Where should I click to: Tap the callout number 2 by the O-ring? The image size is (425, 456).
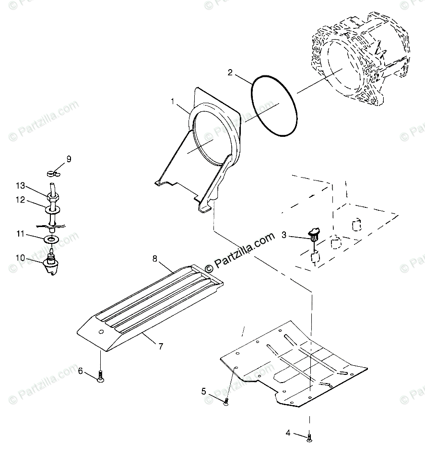[x=230, y=73]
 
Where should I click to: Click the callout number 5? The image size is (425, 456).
[x=203, y=391]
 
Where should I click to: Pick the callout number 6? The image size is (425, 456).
[x=81, y=370]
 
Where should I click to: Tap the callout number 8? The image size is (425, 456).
[x=155, y=259]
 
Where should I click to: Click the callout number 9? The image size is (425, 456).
[x=69, y=159]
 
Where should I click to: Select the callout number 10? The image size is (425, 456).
[x=20, y=258]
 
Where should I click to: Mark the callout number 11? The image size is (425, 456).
[x=20, y=234]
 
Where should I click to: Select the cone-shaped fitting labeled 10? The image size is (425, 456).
[x=51, y=265]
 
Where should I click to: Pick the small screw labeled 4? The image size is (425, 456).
[x=309, y=437]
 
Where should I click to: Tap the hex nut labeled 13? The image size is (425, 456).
[x=52, y=196]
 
